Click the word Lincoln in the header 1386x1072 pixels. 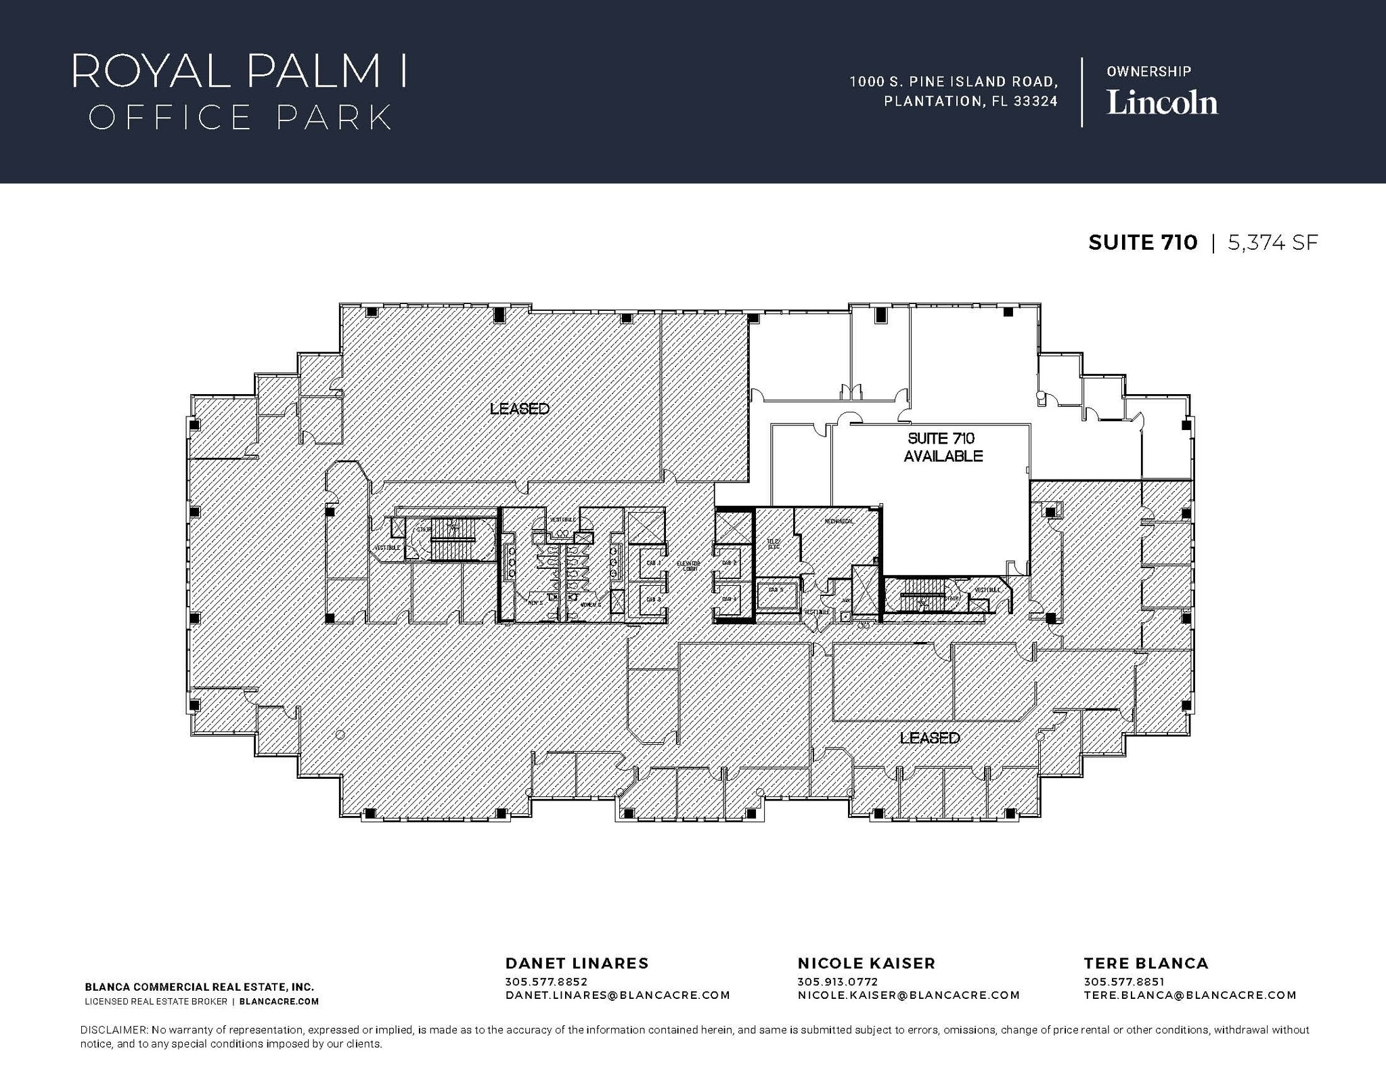point(1162,103)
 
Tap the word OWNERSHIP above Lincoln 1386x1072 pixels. point(1148,71)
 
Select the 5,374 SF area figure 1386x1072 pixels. point(1272,242)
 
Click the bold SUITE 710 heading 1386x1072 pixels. point(1142,242)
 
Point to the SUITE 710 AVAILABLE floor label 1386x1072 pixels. point(943,447)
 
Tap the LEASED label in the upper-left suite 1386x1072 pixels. point(519,408)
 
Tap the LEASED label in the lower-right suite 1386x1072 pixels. point(929,737)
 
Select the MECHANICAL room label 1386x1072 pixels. point(839,521)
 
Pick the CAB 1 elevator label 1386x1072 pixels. point(653,563)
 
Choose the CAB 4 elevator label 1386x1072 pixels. point(729,599)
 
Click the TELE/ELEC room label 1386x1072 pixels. point(774,544)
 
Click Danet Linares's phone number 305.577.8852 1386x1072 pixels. point(546,981)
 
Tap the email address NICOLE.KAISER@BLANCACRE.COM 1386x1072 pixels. point(908,995)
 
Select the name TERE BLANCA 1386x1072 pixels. point(1146,963)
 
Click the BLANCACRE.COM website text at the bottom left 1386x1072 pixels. point(279,1001)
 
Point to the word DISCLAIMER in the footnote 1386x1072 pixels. point(113,1029)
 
